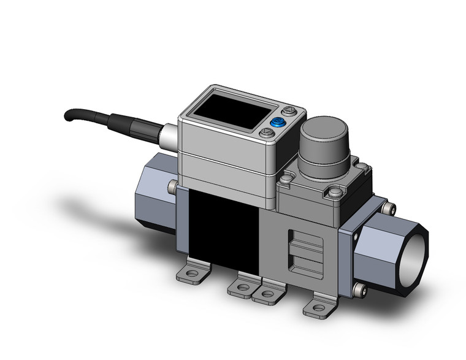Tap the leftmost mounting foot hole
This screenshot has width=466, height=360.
194,271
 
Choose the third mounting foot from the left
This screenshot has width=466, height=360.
269,293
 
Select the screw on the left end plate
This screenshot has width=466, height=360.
173,186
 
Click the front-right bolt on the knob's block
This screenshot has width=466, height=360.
334,193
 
